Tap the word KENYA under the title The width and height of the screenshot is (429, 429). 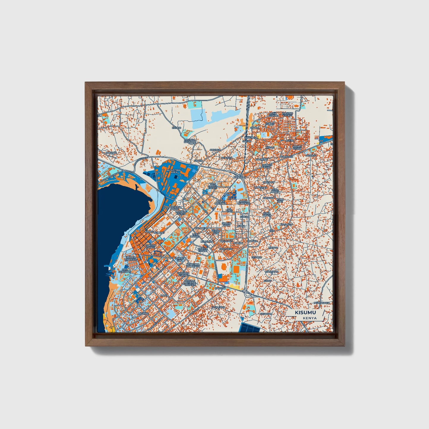(310, 318)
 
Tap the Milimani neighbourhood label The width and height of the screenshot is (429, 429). (143, 313)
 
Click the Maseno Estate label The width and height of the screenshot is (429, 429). (287, 114)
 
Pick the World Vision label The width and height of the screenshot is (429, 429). (297, 147)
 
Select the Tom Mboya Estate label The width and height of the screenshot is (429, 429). (213, 186)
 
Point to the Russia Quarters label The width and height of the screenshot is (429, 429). (243, 202)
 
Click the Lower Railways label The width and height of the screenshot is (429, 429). (131, 259)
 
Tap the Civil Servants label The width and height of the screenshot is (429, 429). (125, 270)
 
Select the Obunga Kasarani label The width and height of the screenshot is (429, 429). (190, 141)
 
